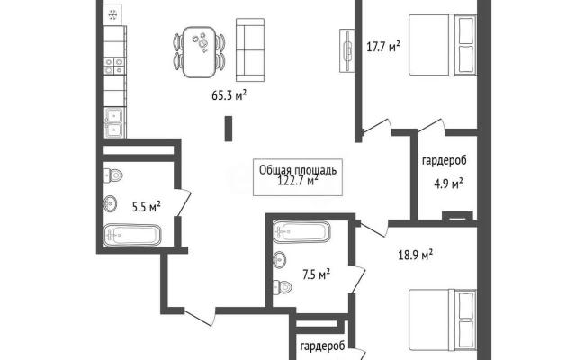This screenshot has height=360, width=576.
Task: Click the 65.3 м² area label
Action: [229, 95]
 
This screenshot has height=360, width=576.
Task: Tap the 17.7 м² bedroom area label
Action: [383, 47]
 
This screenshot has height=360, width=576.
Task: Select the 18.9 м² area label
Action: [416, 255]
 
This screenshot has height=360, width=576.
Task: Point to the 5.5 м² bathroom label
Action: [146, 207]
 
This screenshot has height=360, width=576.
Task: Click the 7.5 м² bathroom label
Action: [316, 274]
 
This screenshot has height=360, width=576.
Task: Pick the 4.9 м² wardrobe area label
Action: [448, 184]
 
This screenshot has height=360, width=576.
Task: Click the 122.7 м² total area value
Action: [298, 181]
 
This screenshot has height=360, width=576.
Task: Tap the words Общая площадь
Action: [298, 170]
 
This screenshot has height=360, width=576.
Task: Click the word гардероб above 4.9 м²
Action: [445, 161]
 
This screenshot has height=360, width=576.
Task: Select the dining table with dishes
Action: [199, 52]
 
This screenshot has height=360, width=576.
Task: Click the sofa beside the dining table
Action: [250, 49]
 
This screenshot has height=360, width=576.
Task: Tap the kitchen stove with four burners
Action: [114, 66]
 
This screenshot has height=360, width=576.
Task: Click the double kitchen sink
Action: [114, 122]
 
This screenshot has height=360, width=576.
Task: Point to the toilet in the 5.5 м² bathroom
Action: [113, 175]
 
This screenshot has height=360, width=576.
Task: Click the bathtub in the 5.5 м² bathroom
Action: [132, 235]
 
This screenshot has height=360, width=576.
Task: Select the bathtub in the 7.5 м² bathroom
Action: [301, 231]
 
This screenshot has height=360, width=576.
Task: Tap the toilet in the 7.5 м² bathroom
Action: [283, 286]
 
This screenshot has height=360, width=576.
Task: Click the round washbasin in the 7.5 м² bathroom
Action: [280, 260]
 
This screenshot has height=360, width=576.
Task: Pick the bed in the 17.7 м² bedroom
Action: [443, 45]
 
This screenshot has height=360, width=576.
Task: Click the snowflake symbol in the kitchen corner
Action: [112, 15]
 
